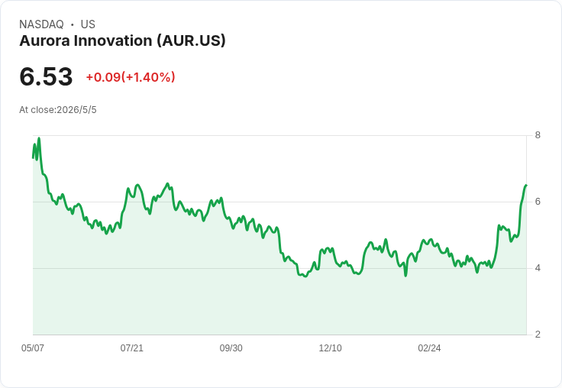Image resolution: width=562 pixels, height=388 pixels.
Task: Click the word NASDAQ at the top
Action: coord(41,24)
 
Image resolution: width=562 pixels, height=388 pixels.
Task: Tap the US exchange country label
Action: coord(88,24)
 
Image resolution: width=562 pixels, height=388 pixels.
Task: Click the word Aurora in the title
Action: coord(45,40)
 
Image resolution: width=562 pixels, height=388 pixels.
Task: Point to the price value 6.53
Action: coord(46,76)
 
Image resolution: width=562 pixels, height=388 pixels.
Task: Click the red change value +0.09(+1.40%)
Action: coord(131,77)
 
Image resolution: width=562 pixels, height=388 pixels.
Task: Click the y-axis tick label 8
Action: coord(538,135)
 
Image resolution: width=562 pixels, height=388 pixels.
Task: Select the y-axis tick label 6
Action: coord(538,202)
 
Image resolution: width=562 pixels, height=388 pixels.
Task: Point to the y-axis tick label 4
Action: coord(538,268)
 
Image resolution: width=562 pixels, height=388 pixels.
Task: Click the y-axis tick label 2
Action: coord(538,335)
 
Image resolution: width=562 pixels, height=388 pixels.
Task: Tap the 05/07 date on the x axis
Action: coord(33,348)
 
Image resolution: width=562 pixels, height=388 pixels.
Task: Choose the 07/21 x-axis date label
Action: coord(132,348)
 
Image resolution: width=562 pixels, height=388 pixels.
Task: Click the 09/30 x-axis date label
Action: coord(231,348)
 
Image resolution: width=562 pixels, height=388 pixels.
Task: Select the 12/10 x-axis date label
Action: coord(330,348)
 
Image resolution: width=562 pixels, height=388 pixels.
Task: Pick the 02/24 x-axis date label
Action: coord(429,348)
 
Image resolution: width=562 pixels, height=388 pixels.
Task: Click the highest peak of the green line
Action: coord(39,138)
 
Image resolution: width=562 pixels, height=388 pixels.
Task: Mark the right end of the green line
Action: coord(526,185)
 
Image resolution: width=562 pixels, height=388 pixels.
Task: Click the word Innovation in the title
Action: coord(113,40)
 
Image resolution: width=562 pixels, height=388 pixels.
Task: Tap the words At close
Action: coord(37,110)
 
